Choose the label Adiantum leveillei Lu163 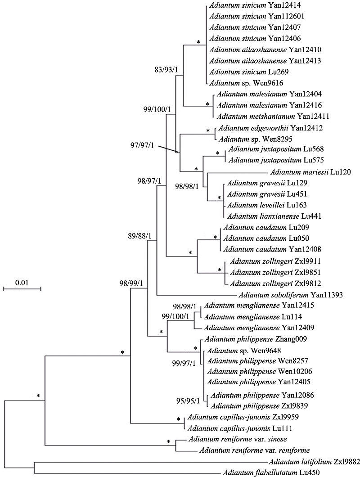[257, 205]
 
